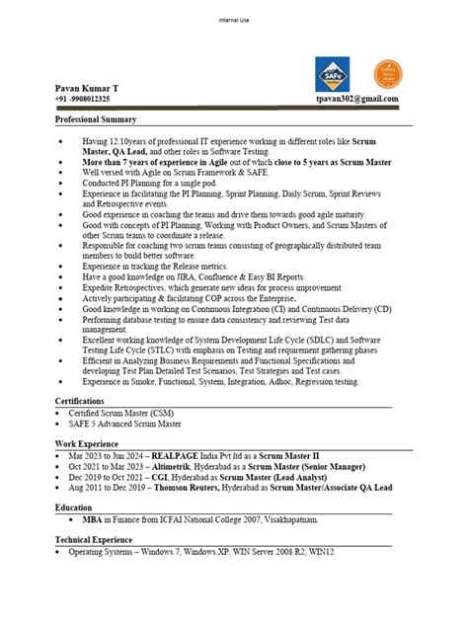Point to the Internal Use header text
(x=233, y=20)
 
